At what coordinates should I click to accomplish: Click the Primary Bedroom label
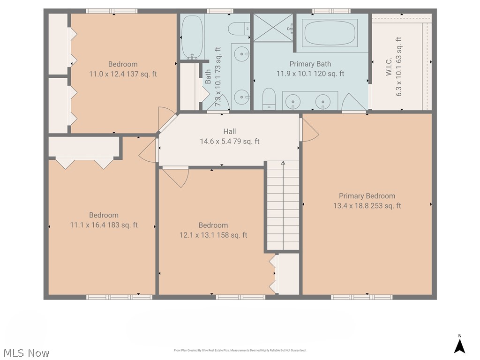[367, 196]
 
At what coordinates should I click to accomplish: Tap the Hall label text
[230, 132]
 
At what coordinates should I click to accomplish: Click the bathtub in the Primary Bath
[330, 32]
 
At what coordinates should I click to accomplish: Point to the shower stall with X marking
[273, 28]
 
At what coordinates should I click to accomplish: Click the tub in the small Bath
[192, 37]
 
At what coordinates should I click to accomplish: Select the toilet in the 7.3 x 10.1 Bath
[237, 29]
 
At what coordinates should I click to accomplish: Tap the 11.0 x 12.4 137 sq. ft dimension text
[123, 74]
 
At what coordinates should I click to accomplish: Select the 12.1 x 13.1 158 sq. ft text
[213, 235]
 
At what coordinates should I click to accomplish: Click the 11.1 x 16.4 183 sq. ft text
[104, 225]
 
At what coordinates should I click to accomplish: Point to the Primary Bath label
[310, 64]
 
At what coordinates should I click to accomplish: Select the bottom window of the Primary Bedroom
[361, 297]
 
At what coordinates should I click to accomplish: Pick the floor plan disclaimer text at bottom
[240, 350]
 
